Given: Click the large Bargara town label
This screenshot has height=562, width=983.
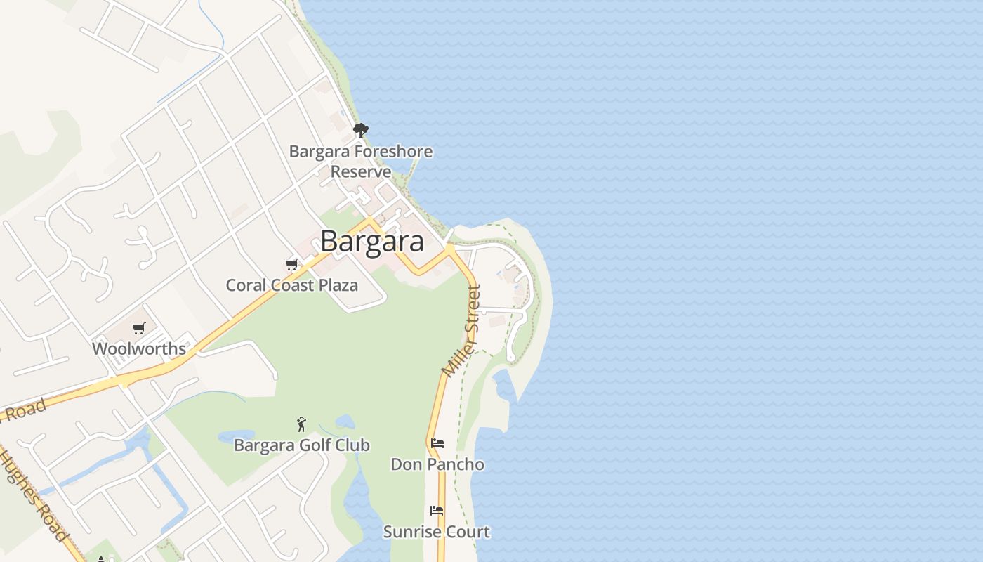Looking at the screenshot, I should tap(372, 241).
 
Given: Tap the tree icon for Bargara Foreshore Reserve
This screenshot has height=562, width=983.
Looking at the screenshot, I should tap(361, 131).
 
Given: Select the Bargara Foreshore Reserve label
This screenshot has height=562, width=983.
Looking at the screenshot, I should tap(361, 162).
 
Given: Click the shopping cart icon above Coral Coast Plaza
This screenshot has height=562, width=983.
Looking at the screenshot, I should tap(291, 265).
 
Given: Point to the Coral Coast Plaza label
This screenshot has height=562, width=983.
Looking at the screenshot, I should tap(291, 285).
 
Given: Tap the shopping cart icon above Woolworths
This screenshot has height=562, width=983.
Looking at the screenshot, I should tap(139, 328).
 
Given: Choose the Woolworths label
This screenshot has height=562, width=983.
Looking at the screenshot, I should tap(139, 348).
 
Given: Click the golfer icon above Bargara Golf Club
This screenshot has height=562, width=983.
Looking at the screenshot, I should tap(302, 424).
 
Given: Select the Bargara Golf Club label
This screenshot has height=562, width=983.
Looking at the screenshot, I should tap(302, 445).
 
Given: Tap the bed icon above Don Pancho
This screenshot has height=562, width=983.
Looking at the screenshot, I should tap(437, 443).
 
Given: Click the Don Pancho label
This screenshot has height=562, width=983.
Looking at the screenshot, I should tap(437, 464).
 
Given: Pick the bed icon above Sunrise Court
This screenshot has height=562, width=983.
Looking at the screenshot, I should tap(437, 511).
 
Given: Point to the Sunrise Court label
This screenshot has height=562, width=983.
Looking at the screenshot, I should tap(437, 532).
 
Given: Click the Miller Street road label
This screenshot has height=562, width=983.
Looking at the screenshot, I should tap(462, 330).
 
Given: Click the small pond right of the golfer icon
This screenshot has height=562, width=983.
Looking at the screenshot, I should tap(344, 421).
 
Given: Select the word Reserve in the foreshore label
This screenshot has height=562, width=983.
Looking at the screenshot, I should tap(361, 172).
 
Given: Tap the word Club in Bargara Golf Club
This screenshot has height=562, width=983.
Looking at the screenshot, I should tap(353, 445).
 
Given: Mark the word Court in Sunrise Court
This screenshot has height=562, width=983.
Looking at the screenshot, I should tap(466, 532).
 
